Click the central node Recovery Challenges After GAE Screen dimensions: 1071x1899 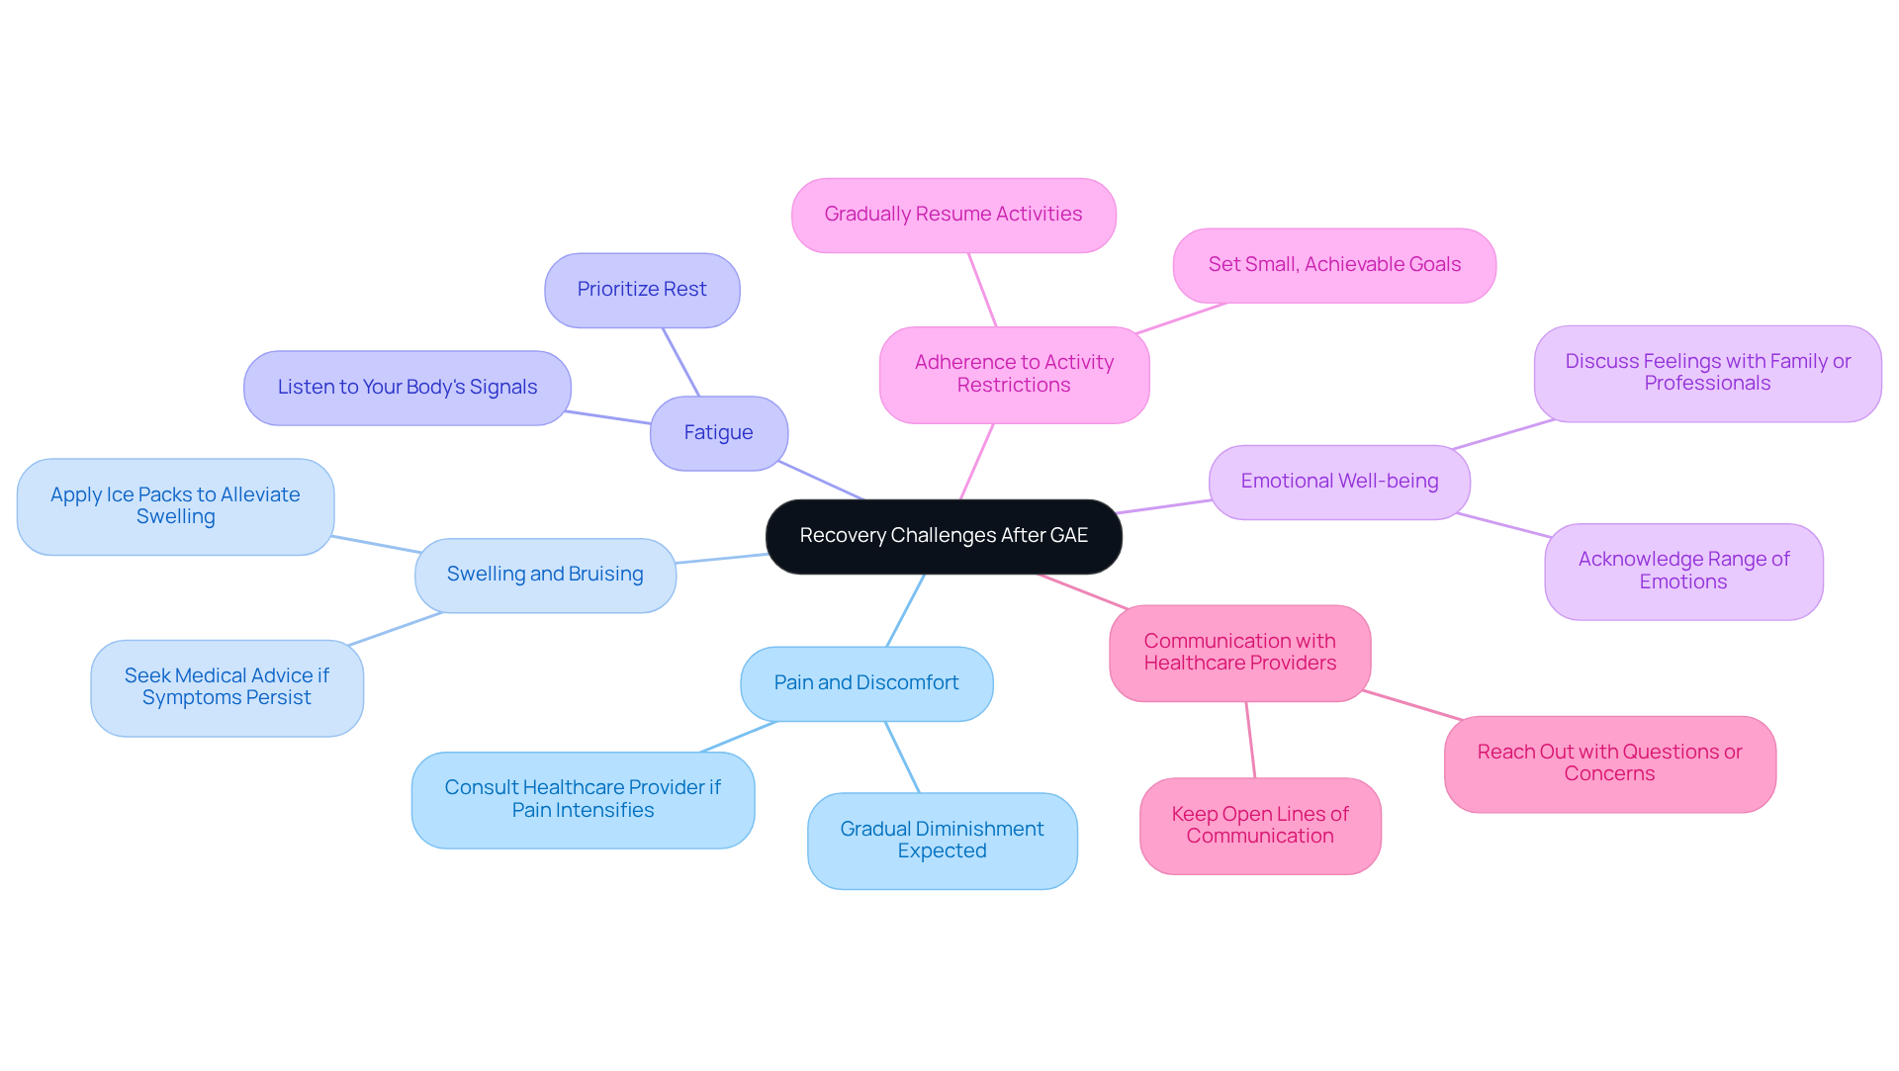click(944, 536)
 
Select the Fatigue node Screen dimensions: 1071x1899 click(718, 433)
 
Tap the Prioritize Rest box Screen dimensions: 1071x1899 click(642, 290)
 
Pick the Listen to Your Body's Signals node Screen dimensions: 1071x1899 click(407, 388)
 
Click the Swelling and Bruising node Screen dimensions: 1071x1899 click(545, 575)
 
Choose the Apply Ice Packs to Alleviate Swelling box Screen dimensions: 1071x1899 click(175, 506)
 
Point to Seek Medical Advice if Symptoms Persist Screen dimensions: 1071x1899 click(226, 687)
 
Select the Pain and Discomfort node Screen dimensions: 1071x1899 click(866, 683)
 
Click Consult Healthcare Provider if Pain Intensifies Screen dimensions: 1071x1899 click(583, 799)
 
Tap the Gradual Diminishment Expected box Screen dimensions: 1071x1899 click(942, 841)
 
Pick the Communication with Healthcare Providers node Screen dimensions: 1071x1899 click(1239, 653)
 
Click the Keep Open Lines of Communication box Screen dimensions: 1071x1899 click(1260, 826)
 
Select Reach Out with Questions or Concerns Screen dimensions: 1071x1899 click(1609, 763)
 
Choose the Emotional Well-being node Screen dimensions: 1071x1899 click(1339, 482)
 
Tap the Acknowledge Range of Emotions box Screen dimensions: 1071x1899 click(1683, 572)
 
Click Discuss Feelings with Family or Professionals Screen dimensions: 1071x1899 click(1707, 373)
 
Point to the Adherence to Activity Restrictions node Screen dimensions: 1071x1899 click(1014, 375)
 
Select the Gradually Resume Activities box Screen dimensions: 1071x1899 click(953, 215)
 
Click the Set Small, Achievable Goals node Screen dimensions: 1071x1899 click(1334, 265)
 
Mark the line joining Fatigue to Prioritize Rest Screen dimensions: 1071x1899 click(680, 362)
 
